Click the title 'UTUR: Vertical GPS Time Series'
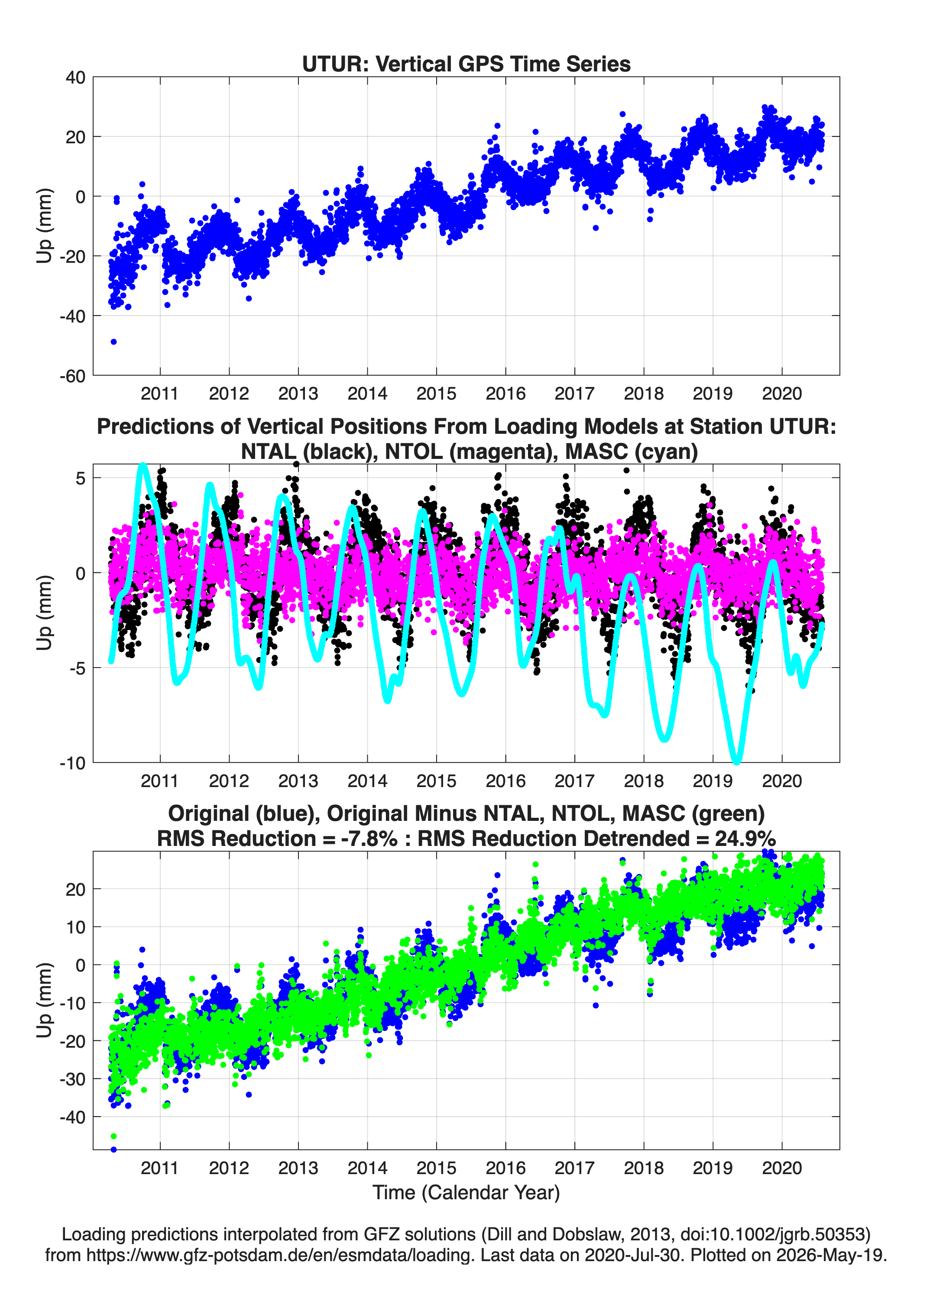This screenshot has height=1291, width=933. pos(466,64)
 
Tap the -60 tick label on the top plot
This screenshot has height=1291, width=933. pos(72,376)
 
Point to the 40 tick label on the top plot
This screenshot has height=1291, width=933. pos(76,77)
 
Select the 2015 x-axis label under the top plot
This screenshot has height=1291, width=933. pos(436,394)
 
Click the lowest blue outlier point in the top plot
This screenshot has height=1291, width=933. pos(113,342)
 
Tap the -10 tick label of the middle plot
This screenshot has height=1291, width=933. pos(72,763)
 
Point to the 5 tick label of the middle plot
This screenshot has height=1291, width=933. pos(80,478)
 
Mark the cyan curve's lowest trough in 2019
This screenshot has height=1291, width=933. pos(736,761)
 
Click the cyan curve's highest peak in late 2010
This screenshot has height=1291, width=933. pos(143,466)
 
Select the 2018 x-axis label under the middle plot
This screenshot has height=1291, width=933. pos(644,781)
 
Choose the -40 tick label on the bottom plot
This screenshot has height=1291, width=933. pos(72,1117)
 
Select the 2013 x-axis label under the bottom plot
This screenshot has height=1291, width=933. pos(298,1168)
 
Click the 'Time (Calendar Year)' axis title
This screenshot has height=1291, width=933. pos(466,1193)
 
